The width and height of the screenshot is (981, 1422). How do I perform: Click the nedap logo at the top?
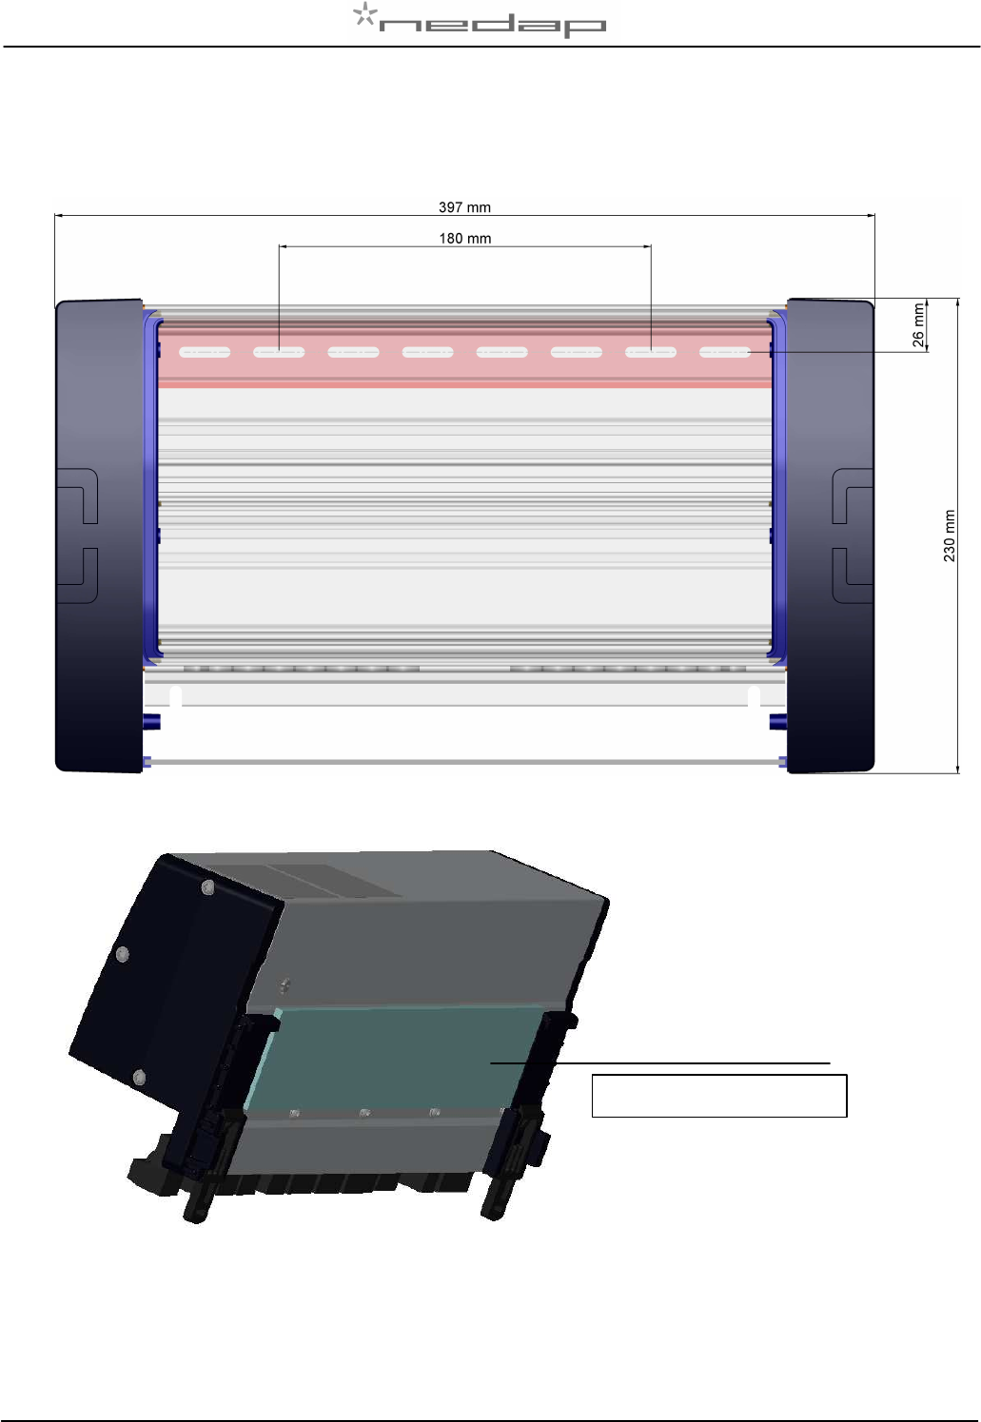coord(479,20)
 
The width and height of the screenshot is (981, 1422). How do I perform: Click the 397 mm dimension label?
coord(464,207)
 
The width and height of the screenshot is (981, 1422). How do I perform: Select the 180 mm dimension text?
coord(464,239)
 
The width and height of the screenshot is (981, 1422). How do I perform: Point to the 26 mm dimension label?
coord(918,324)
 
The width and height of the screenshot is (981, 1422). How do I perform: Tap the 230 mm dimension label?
coord(949,536)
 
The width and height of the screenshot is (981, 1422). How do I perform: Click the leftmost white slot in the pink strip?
coord(205,352)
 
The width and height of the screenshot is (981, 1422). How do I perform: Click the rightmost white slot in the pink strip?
coord(725,352)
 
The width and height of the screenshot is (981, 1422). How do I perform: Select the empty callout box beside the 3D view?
coord(719,1095)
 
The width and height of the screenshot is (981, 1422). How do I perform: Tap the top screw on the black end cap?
coord(207,887)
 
